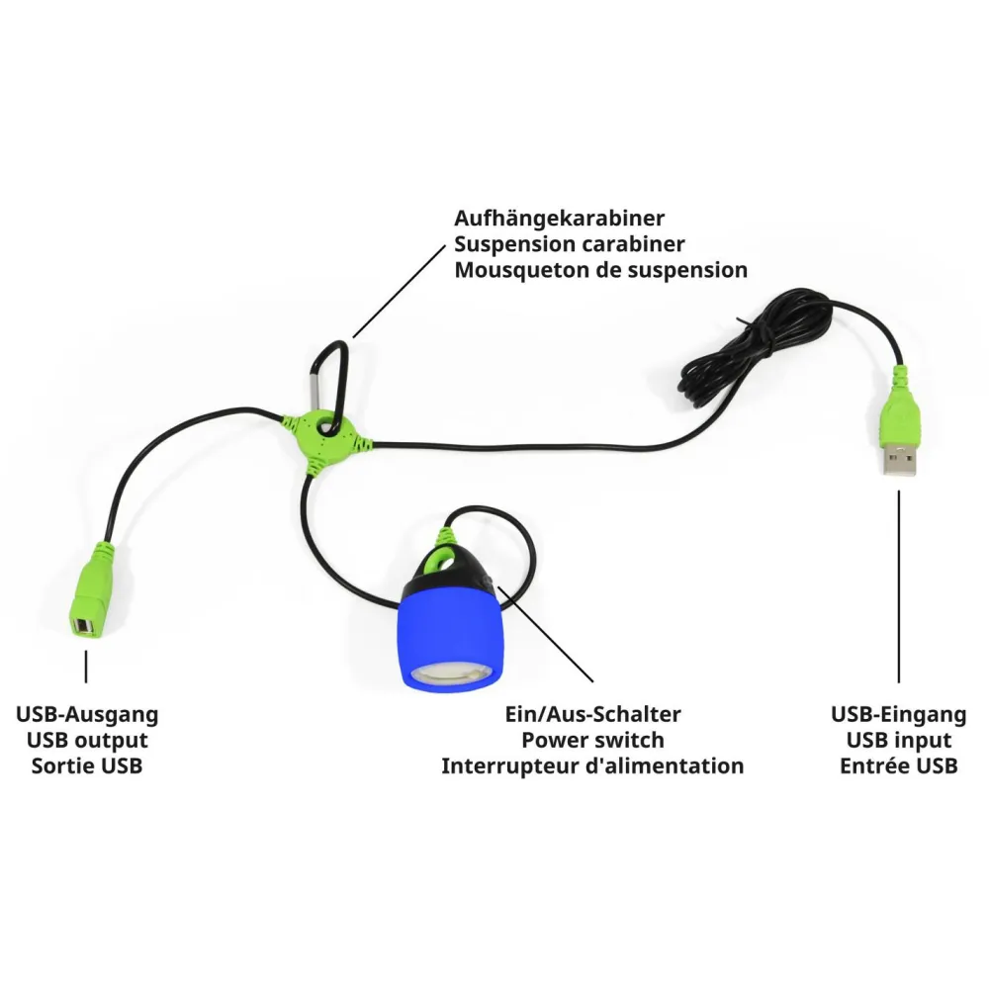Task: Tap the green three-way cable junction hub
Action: [x=324, y=439]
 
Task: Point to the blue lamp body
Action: [x=452, y=637]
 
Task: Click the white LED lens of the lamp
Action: [x=450, y=674]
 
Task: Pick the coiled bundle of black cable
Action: [x=757, y=350]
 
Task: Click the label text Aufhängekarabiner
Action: [x=559, y=219]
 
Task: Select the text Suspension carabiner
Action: [x=570, y=244]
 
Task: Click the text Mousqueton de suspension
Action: [x=601, y=270]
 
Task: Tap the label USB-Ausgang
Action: [x=87, y=715]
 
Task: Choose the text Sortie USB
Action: [x=87, y=765]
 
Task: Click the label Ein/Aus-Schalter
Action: [x=592, y=715]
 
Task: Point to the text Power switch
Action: [x=592, y=740]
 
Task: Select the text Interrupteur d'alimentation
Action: [x=592, y=765]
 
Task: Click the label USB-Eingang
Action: [x=899, y=715]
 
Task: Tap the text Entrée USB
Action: [x=899, y=765]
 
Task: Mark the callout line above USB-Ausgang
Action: [x=86, y=667]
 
